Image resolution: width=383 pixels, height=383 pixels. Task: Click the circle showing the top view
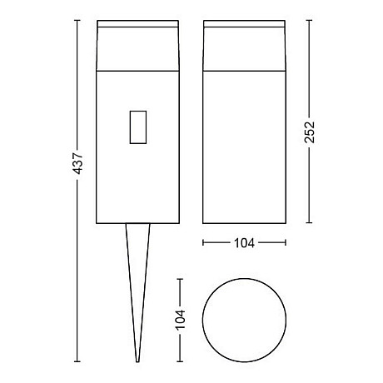[244, 319]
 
